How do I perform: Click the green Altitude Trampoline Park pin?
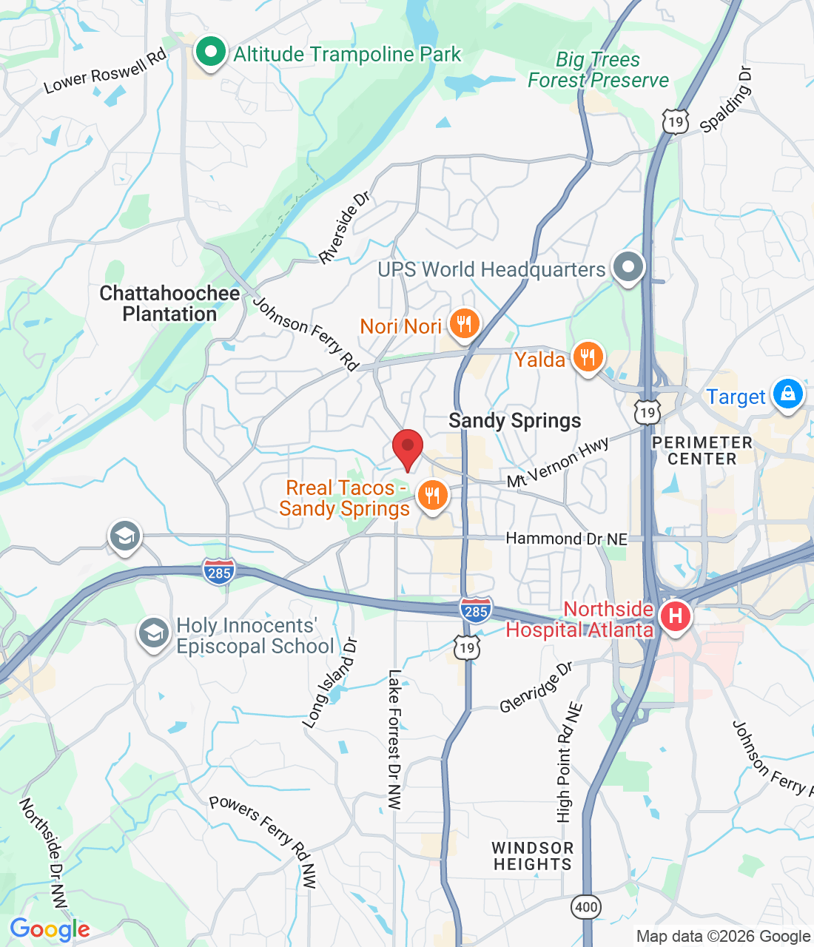coord(210,53)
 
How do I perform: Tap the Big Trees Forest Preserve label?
coord(598,70)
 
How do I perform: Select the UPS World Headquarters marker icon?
coord(629,269)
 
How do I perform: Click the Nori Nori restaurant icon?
coord(464,324)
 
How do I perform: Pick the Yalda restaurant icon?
coord(588,358)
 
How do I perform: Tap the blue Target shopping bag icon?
coord(787,394)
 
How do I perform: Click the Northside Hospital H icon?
coord(675,616)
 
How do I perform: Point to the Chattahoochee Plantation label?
coord(169,303)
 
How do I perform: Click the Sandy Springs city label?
coord(515,421)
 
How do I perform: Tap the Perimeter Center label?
coord(702,451)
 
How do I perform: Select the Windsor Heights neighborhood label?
coord(533,856)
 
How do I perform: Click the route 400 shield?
coord(586,906)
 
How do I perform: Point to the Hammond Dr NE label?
coord(566,539)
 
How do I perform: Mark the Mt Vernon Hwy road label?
coord(558,462)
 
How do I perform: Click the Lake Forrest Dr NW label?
coord(394,740)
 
